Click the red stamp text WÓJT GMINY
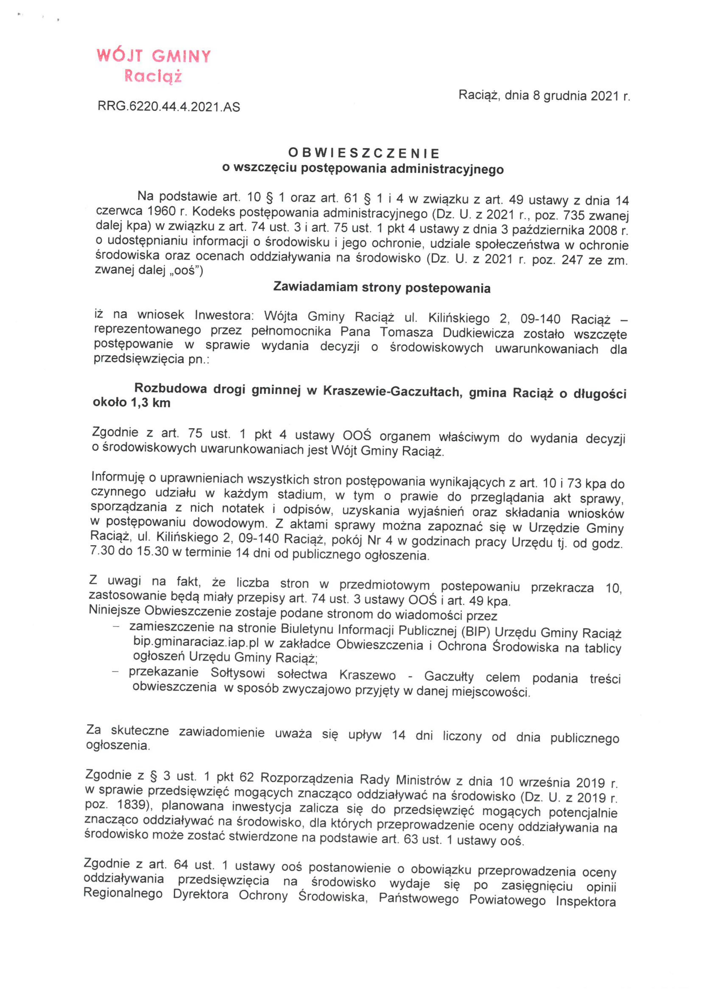pos(154,56)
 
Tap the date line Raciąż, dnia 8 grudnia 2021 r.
pos(544,95)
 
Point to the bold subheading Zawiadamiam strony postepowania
pos(381,288)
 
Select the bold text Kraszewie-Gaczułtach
pos(391,391)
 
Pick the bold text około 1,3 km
pos(132,403)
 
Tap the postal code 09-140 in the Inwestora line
pos(540,319)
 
